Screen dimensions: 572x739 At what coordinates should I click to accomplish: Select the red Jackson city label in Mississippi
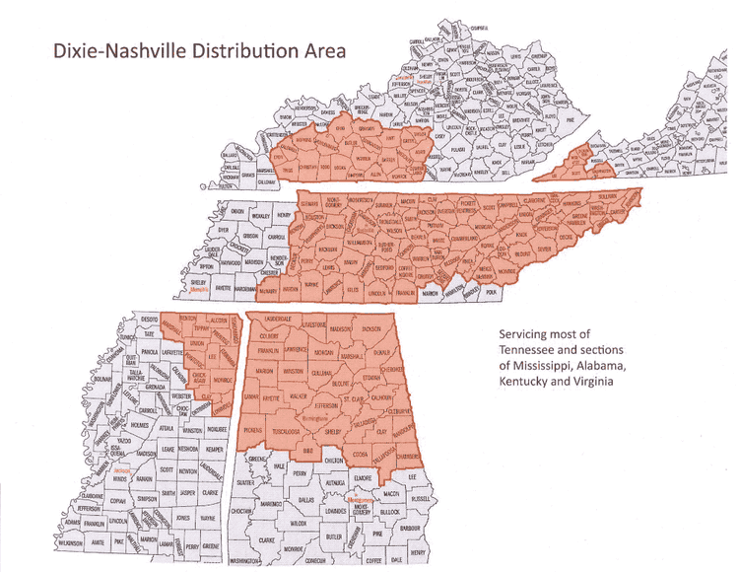(122, 470)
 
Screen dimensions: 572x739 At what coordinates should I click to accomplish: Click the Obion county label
(236, 211)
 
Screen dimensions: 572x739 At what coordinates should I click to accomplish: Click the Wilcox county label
(300, 524)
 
